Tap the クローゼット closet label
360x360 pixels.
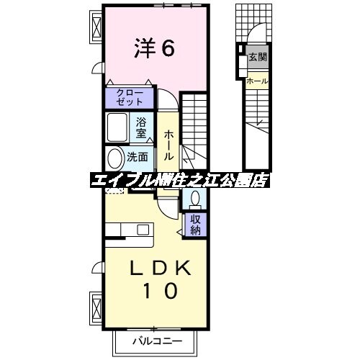point(130,97)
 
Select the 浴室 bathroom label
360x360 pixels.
point(142,127)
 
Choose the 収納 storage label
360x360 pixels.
point(195,225)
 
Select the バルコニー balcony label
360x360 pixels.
point(156,341)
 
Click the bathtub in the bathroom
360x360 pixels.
point(119,128)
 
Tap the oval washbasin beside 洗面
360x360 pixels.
point(115,157)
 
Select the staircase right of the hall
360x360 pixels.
point(195,130)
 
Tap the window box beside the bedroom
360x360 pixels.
point(96,27)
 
